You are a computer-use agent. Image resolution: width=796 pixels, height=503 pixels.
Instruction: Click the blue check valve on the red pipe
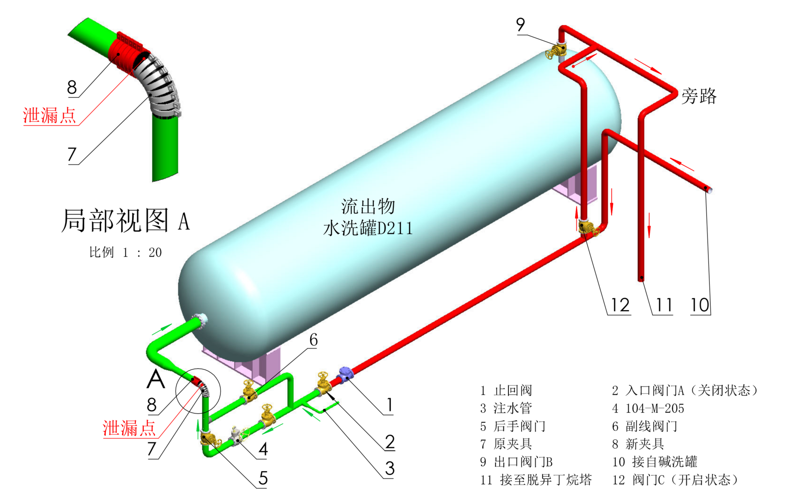(x=345, y=374)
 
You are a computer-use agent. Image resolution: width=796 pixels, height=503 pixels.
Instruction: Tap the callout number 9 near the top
(x=520, y=25)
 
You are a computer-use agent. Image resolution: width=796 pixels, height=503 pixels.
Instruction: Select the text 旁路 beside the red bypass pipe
(x=699, y=96)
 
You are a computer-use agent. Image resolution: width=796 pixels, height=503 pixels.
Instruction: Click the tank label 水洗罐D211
(x=368, y=229)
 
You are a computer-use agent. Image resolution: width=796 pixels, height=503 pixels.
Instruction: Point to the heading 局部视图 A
(x=125, y=220)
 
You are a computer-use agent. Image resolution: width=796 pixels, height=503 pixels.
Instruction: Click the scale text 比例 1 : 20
(x=125, y=252)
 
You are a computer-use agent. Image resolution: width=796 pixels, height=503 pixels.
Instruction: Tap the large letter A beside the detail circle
(x=155, y=379)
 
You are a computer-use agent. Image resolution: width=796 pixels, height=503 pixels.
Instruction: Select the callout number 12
(x=620, y=305)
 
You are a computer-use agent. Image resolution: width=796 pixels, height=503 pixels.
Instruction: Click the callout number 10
(x=700, y=305)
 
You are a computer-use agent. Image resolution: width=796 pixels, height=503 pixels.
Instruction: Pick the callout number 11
(x=663, y=305)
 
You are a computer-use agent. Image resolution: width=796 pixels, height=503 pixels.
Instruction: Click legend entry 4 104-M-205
(x=648, y=408)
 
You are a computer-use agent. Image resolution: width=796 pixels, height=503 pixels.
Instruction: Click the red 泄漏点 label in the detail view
(x=50, y=115)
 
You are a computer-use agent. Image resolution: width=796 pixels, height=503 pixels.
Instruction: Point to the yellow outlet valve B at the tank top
(x=557, y=51)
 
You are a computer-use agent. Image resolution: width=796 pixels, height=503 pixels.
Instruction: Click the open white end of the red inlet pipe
(x=709, y=190)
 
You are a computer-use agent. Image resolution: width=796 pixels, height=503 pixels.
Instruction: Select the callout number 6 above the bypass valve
(x=313, y=340)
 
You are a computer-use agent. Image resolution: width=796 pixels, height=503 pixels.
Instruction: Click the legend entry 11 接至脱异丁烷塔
(x=536, y=480)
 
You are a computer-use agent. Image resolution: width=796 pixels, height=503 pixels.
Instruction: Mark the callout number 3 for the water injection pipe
(x=390, y=468)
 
